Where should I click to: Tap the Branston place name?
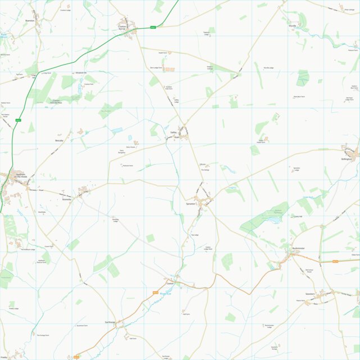point(30,21)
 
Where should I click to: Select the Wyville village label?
point(291,26)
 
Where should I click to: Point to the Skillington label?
point(346,159)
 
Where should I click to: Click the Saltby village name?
point(174,133)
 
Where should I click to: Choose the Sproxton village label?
point(191,204)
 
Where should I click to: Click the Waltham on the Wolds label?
point(18,176)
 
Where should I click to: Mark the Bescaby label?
point(60,140)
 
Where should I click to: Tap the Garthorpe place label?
point(110,322)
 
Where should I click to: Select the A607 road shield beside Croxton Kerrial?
point(153,26)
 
